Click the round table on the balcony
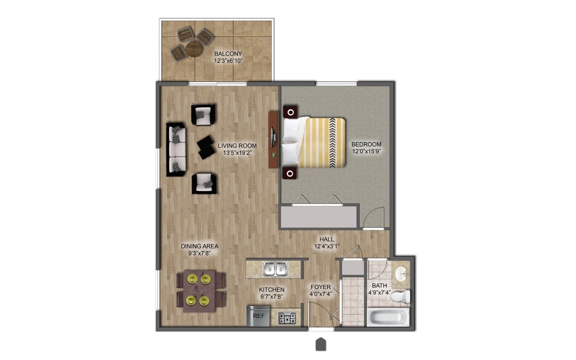click(194, 48)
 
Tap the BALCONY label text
click(228, 54)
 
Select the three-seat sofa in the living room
click(176, 149)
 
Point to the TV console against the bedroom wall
click(273, 139)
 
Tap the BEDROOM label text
click(366, 144)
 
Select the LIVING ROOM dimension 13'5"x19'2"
click(237, 153)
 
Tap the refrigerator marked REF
click(258, 316)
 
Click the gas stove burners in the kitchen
click(287, 318)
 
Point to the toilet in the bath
click(400, 297)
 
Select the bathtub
click(388, 318)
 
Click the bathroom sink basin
click(402, 272)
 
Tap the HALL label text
click(326, 239)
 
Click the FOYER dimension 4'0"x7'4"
click(321, 294)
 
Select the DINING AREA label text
click(199, 246)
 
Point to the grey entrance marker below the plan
click(321, 344)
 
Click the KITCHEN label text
click(271, 289)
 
